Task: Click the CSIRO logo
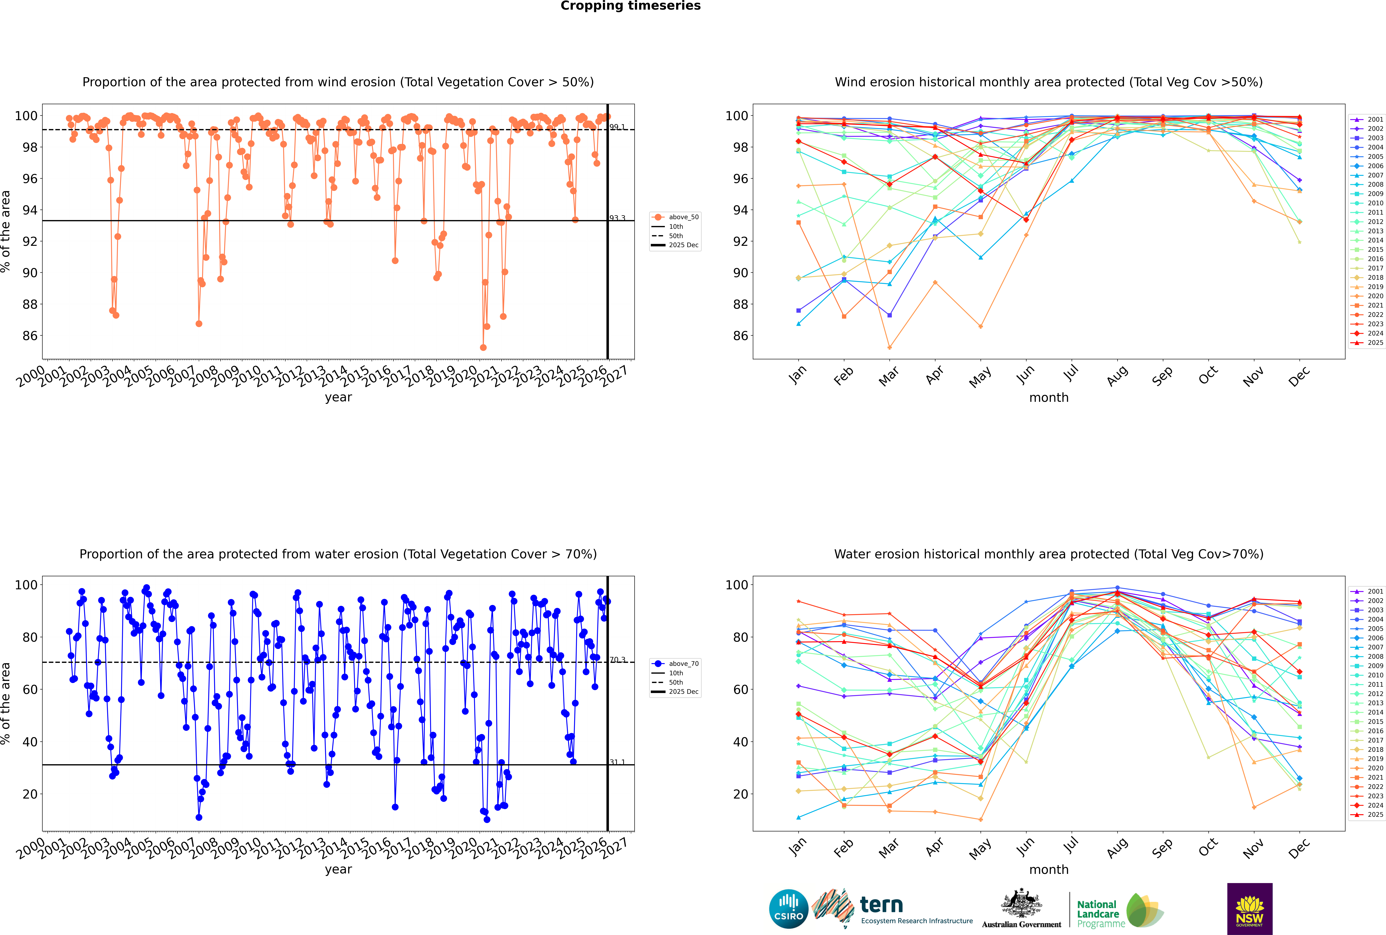[788, 909]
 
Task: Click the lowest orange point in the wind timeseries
[483, 348]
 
